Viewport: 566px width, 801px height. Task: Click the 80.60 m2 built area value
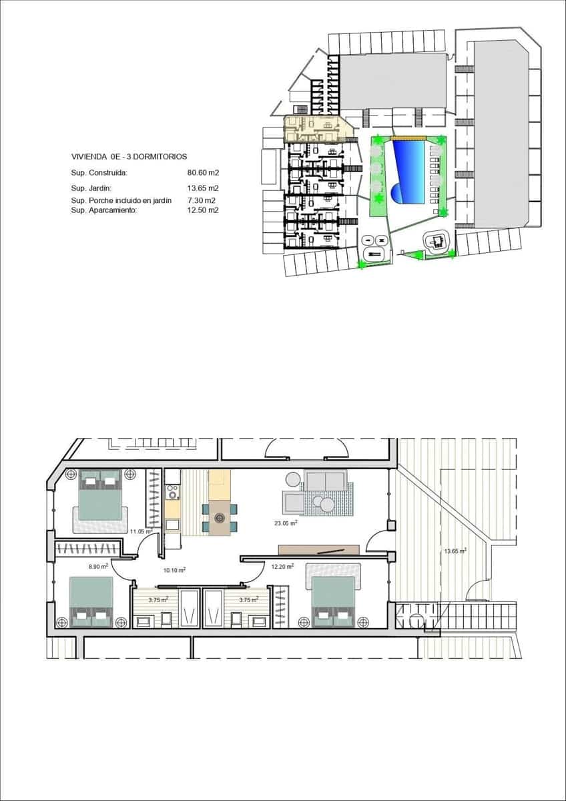coord(204,172)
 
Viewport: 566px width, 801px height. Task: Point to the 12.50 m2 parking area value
coord(204,210)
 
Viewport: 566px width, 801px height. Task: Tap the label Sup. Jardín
coord(91,188)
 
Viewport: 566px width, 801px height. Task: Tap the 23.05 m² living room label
coord(284,523)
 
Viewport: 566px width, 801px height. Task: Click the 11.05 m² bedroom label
coord(141,531)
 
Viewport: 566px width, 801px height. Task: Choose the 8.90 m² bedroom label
coord(99,567)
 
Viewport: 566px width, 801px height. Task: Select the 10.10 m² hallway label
coord(174,571)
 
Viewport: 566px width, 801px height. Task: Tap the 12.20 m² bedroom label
coord(280,567)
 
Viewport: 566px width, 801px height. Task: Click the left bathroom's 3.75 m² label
coord(158,600)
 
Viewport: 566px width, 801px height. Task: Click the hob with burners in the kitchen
coord(173,493)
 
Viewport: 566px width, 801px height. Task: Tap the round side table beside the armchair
coord(292,479)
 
